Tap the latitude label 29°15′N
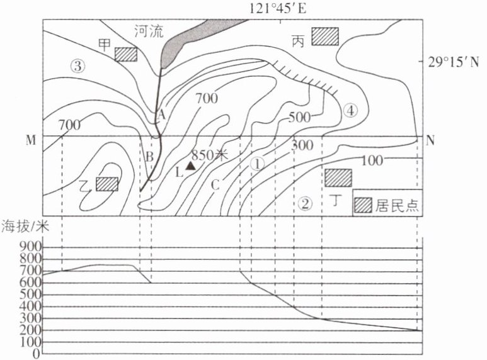(x=454, y=62)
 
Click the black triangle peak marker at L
(x=190, y=164)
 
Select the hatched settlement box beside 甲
(x=126, y=54)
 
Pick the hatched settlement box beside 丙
(x=326, y=36)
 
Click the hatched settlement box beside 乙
(x=107, y=184)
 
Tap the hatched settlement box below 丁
(x=338, y=177)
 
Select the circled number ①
(x=257, y=163)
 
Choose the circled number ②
(x=305, y=203)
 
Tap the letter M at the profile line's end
(x=30, y=140)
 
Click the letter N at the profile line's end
(x=430, y=140)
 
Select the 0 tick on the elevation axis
(x=37, y=354)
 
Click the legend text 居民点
(x=398, y=205)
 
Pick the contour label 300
(x=303, y=146)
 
